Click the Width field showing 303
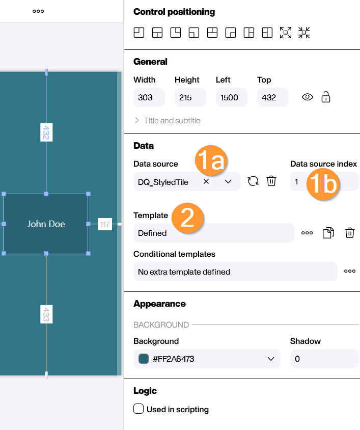coord(149,97)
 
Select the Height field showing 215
coord(190,97)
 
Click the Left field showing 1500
coord(231,97)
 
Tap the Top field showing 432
coord(272,97)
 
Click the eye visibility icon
coord(308,97)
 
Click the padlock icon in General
coord(326,97)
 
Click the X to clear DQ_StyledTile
coord(206,181)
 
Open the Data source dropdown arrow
coord(228,181)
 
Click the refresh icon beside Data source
coord(253,181)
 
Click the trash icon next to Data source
coord(271,181)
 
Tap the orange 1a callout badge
coord(211,160)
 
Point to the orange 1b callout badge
coord(323,184)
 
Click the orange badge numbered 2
coord(188,218)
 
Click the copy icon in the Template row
coord(328,233)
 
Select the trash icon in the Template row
coord(350,233)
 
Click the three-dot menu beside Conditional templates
coord(350,271)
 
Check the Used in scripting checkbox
coord(139,409)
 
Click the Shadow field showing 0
coord(324,359)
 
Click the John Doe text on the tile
coord(46,224)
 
